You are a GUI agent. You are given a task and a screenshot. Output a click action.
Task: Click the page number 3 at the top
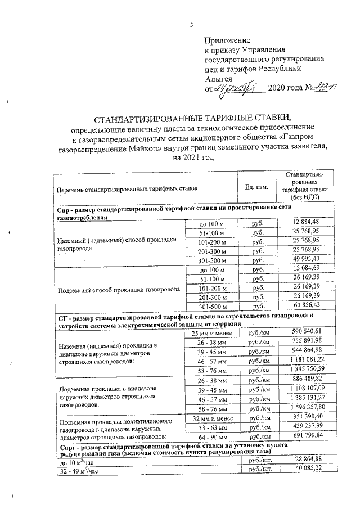coord(191,25)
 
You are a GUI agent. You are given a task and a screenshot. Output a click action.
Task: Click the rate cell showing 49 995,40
coord(305,258)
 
